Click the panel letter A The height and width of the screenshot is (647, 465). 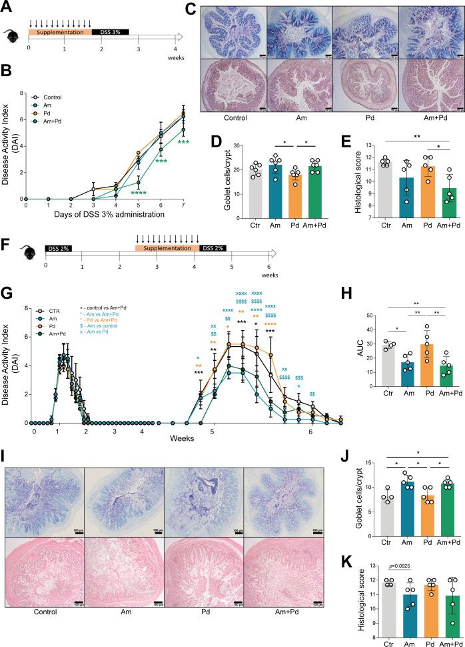(x=7, y=7)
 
